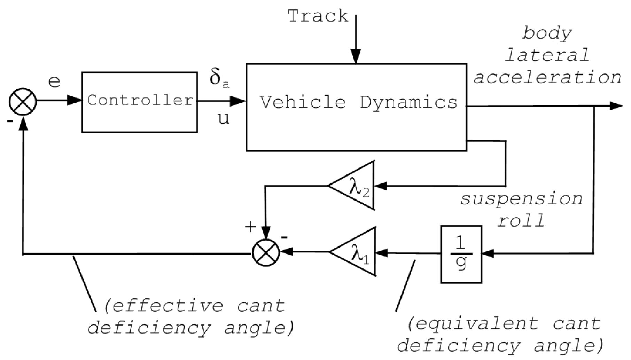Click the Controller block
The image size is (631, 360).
tap(139, 102)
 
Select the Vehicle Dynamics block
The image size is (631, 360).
tap(356, 107)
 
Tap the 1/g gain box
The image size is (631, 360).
tap(461, 254)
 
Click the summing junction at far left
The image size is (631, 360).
tap(23, 101)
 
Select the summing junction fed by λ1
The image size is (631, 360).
tap(266, 252)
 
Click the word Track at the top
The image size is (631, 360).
tap(318, 16)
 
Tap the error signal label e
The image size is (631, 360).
tap(54, 82)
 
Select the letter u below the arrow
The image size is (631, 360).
tap(224, 119)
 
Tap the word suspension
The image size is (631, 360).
tap(521, 199)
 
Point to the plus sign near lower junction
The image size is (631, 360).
tap(250, 227)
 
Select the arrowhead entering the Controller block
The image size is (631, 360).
tap(75, 100)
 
